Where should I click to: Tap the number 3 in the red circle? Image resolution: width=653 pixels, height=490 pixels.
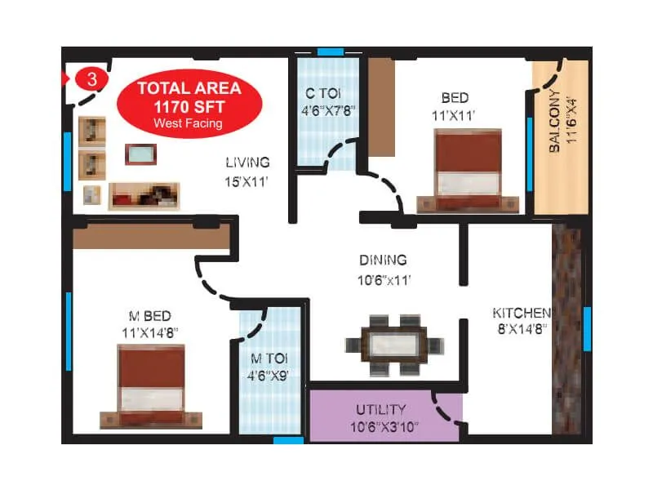point(91,79)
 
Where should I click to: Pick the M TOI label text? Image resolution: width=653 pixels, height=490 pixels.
point(268,366)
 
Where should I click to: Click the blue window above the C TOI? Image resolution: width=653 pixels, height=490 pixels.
point(330,52)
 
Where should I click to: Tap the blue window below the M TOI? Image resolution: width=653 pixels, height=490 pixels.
point(288,440)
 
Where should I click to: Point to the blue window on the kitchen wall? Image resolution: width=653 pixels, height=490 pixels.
point(587,327)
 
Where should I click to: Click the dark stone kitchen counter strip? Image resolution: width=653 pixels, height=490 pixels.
point(566,327)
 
